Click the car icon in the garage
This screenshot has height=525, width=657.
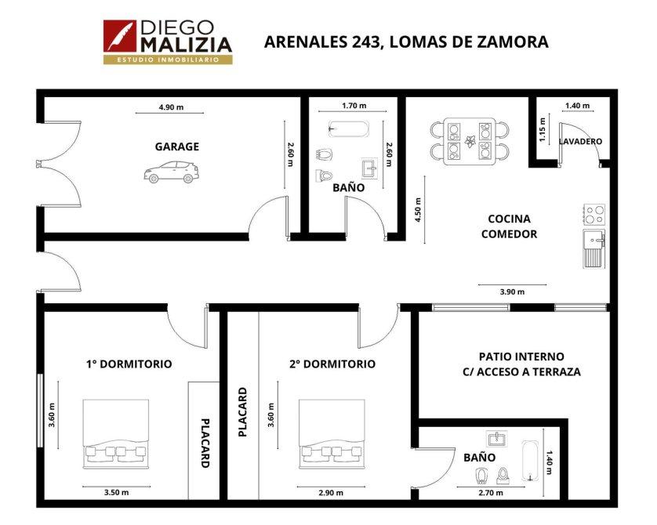pos(172,172)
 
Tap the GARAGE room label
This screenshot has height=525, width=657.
pos(177,147)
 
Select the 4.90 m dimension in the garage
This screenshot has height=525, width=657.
pos(171,107)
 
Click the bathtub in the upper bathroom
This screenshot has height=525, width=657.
pos(349,129)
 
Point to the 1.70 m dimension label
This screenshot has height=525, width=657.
pos(354,106)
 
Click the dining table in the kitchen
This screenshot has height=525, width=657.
pos(470,141)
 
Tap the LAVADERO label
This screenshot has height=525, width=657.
pos(580,142)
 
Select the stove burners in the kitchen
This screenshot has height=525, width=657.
pos(594,215)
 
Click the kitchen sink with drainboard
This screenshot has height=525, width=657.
pos(594,248)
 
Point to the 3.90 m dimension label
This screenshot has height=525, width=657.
pos(512,291)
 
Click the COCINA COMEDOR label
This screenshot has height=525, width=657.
pos(509,226)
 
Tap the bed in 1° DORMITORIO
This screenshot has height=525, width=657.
pos(116,434)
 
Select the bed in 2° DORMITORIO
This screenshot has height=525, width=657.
pos(332,434)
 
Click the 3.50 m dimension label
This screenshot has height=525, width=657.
pos(117,492)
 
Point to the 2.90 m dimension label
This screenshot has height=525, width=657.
pos(331,493)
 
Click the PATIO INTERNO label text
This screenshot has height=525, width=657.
pos(521,357)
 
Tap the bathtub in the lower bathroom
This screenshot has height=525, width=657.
pos(530,461)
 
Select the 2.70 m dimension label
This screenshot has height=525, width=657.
pos(491,493)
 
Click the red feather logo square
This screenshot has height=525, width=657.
pos(120,36)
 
